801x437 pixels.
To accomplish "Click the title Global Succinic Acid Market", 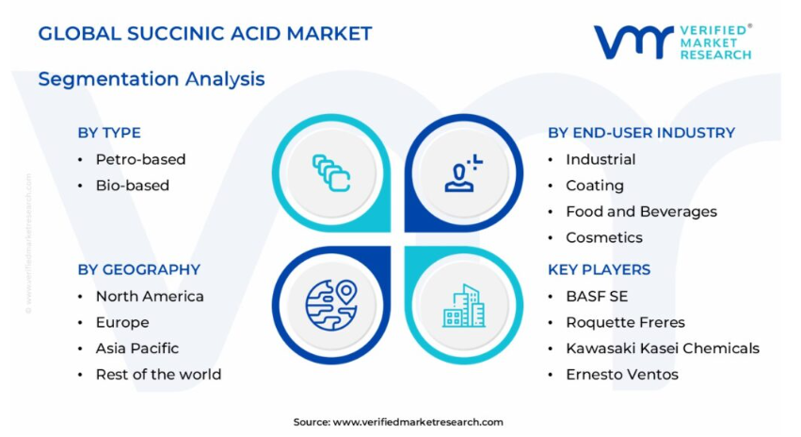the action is pos(205,34).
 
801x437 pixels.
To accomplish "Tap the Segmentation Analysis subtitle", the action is pos(152,79).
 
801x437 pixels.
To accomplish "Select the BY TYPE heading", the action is pos(109,133).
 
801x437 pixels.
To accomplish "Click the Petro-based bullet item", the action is pos(140,159).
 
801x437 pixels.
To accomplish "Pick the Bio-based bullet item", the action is pos(133,186).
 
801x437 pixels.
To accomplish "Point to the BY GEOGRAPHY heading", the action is pos(139,270).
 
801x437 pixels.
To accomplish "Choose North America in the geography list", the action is pos(150,297).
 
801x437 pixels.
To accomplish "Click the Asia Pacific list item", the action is pos(137,348).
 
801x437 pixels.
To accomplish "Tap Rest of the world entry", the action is pos(158,375).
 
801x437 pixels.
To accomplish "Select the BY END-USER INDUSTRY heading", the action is pos(641,133).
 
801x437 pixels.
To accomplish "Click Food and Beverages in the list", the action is pos(641,212).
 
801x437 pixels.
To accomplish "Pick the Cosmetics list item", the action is pos(604,237).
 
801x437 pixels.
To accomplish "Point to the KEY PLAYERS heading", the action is pos(599,270).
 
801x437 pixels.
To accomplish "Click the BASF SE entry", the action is pos(597,297).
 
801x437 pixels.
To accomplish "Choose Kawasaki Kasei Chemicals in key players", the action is pos(663,348).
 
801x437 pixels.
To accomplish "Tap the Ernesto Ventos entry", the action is pos(622,375).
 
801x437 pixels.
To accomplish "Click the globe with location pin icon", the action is pos(331,305).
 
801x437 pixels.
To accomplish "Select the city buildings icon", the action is pos(464,306).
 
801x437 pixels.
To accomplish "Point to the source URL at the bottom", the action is pos(398,422).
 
